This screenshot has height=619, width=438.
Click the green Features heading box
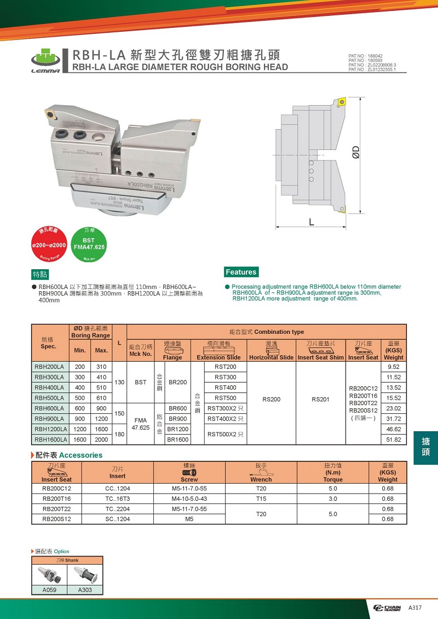tap(241, 272)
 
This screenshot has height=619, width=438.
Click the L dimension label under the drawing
tap(311, 222)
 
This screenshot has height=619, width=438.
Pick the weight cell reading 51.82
tap(394, 439)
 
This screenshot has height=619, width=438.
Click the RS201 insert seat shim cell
tap(320, 399)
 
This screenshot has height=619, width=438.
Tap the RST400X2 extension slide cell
tap(226, 419)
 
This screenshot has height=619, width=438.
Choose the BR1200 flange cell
tap(178, 429)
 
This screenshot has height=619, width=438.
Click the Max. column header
tap(101, 350)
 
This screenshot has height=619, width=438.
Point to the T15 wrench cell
tap(261, 499)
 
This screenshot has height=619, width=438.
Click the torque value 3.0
tap(333, 499)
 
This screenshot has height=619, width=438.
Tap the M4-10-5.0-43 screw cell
tap(189, 499)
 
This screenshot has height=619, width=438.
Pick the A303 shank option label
tap(85, 590)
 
